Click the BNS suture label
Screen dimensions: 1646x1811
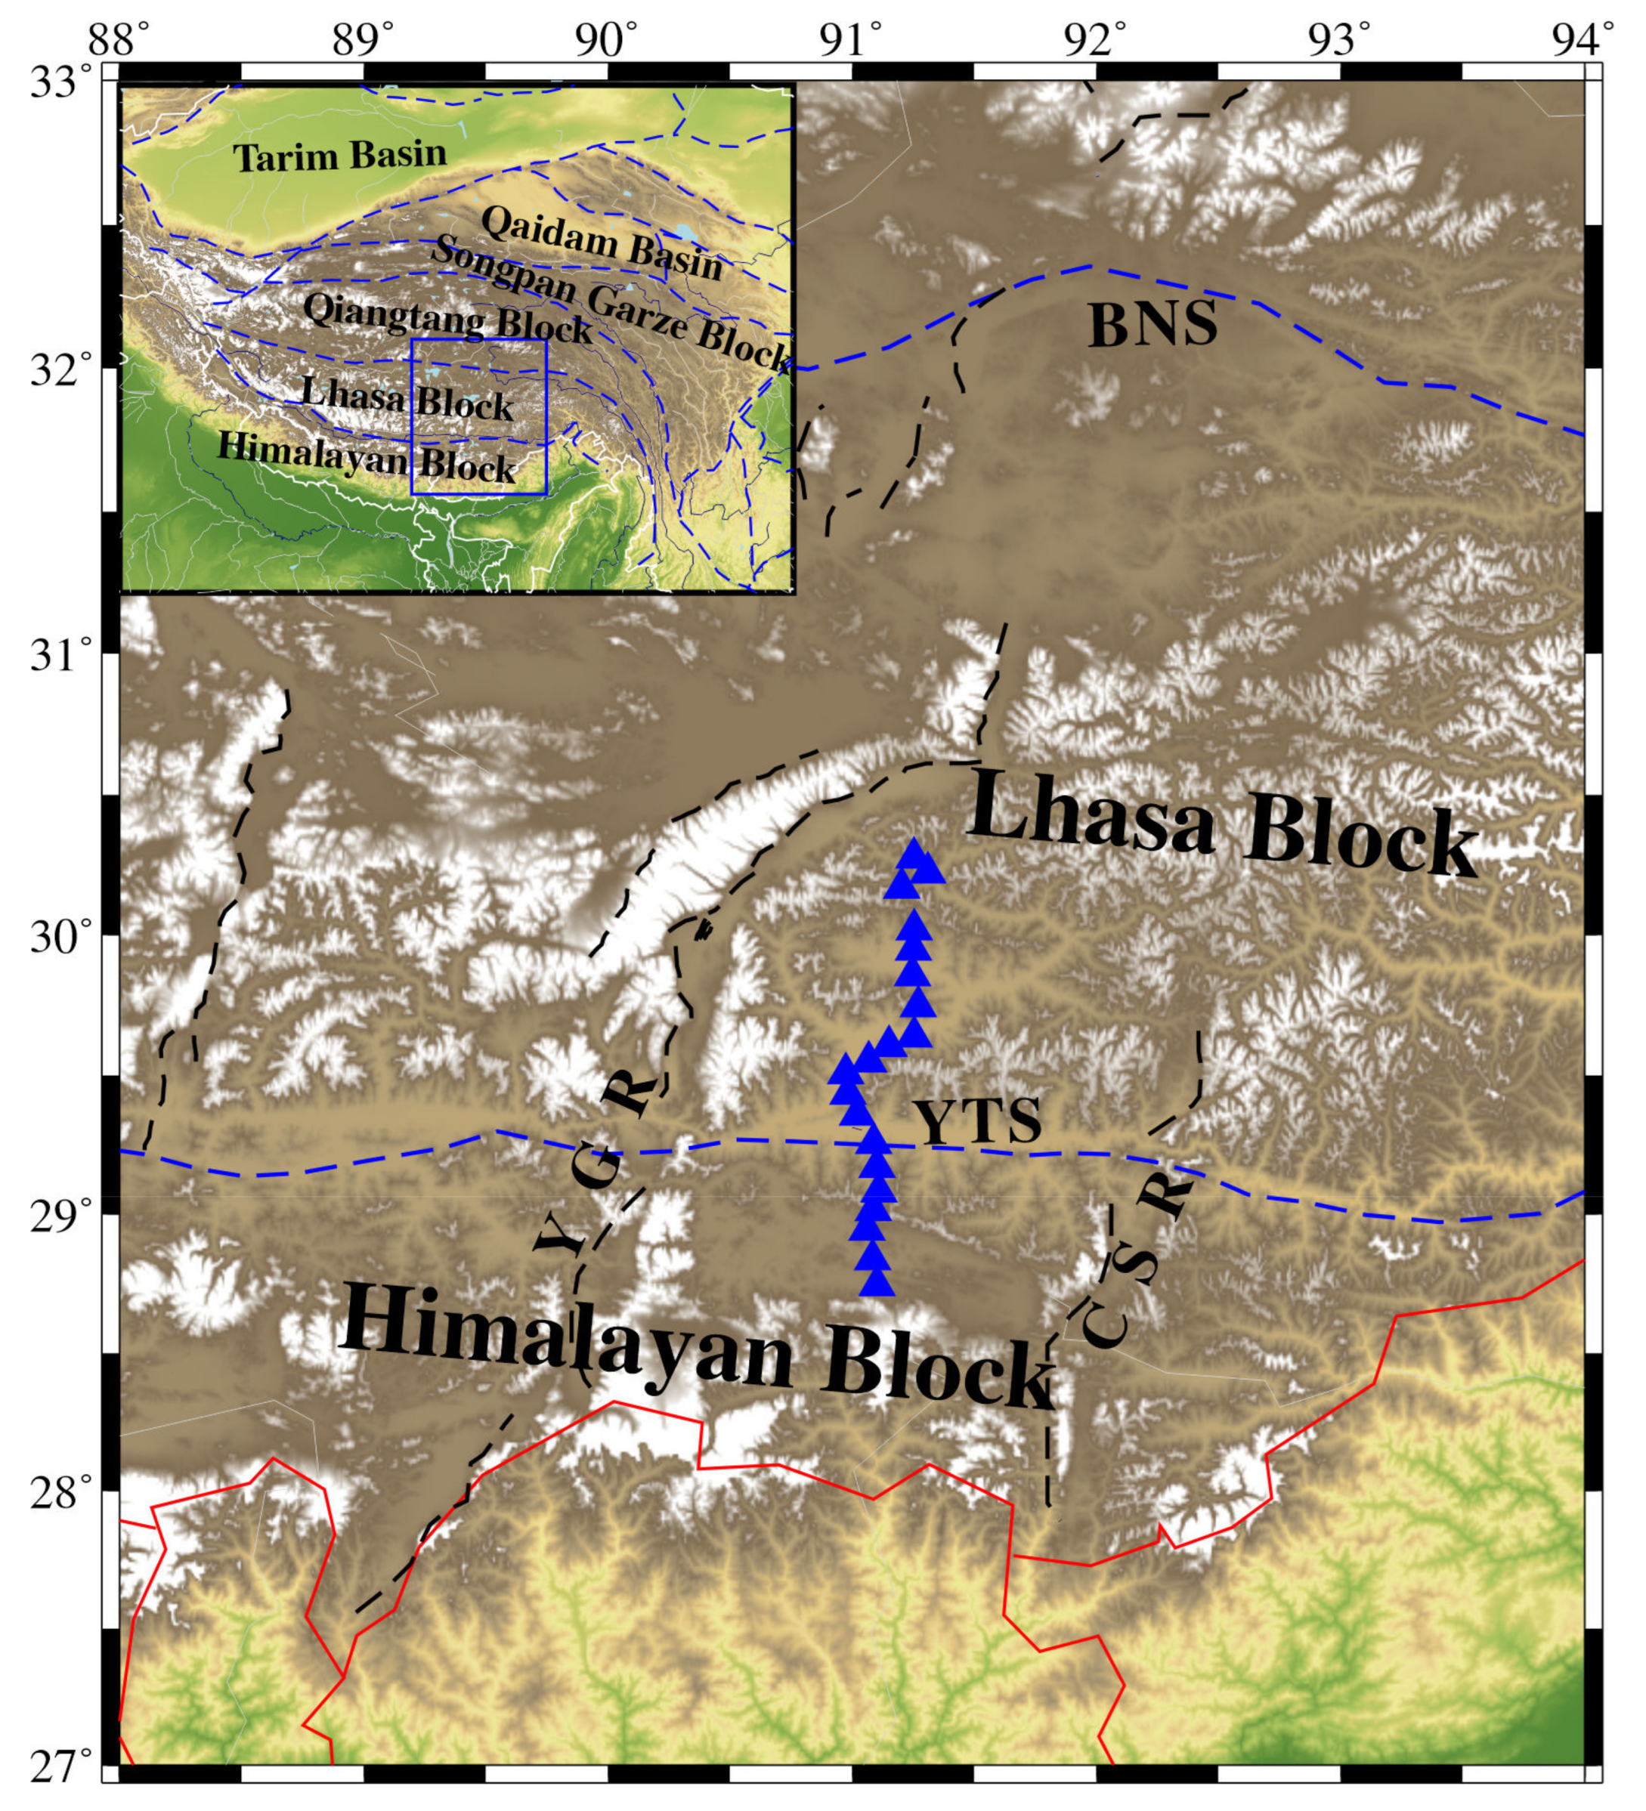[x=1153, y=324]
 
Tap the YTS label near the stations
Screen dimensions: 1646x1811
[x=979, y=1122]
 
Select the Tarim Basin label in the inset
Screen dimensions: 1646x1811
[x=341, y=156]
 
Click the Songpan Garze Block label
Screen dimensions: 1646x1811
[x=611, y=305]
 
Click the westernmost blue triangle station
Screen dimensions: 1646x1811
[x=846, y=1069]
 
